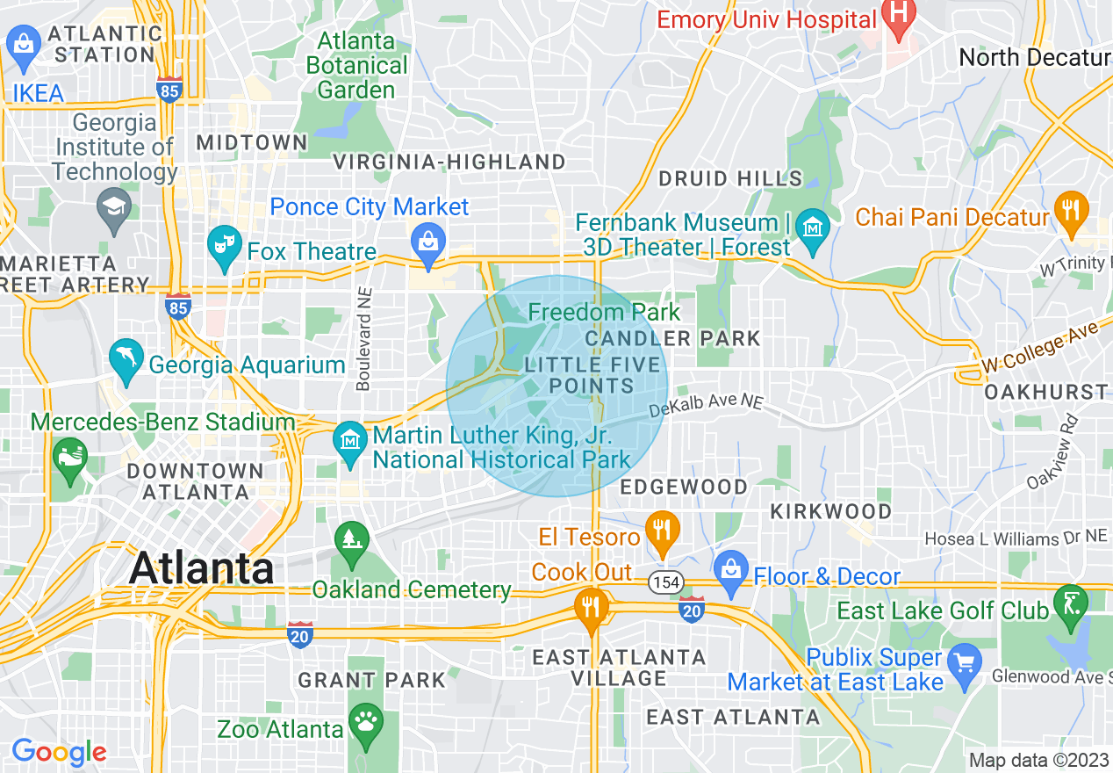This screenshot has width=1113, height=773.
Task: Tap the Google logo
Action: pos(59,752)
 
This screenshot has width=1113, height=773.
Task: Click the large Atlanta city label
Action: pos(201,568)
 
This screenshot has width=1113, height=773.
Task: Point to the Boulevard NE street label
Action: pos(363,339)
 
